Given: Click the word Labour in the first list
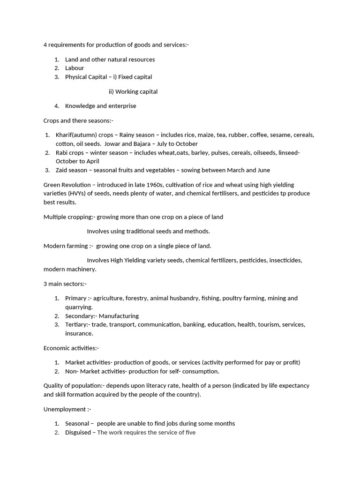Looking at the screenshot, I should point(75,68).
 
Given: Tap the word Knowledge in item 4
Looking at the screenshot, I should point(80,106).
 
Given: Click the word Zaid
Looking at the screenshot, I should point(62,170).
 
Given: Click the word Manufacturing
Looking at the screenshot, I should point(119,316).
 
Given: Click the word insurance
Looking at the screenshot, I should point(79,333).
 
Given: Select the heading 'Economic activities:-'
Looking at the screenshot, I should point(71,348).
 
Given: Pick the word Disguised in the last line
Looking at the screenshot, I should point(78,432).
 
